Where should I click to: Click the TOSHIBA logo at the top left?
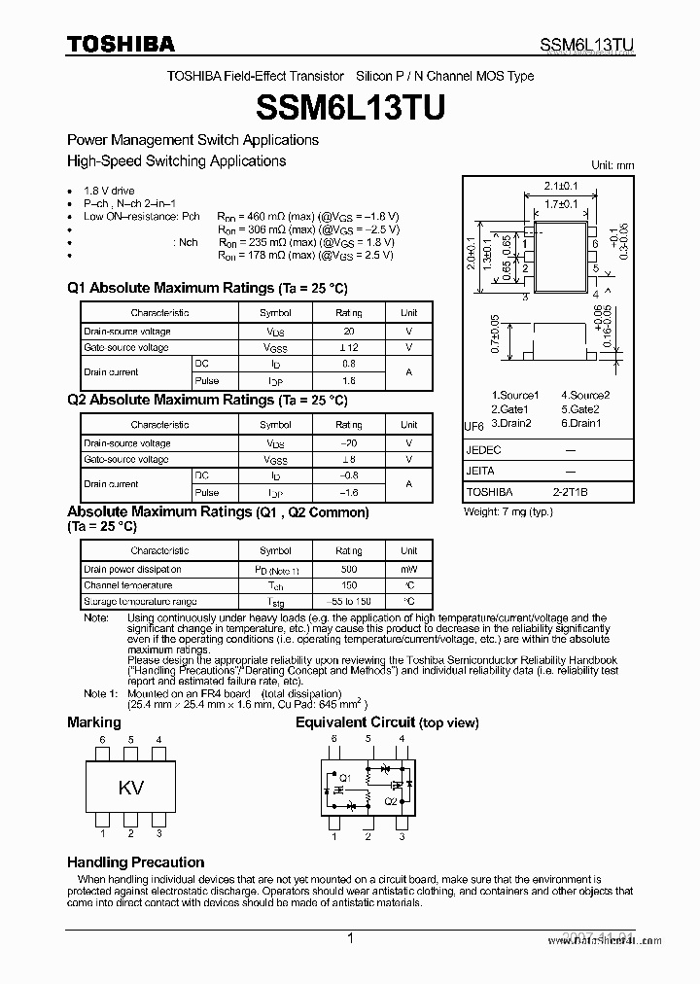click(121, 44)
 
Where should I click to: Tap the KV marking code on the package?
click(131, 789)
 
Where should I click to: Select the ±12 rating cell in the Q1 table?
click(348, 347)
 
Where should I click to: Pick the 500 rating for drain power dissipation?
click(348, 569)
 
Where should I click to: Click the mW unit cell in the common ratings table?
click(408, 569)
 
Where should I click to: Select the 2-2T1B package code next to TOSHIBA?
click(570, 492)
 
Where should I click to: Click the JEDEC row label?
click(483, 450)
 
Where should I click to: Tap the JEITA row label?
click(480, 471)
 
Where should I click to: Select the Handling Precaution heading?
click(135, 862)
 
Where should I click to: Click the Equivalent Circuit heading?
click(387, 722)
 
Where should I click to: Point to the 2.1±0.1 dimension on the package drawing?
click(561, 186)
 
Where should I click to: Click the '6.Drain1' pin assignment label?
click(581, 423)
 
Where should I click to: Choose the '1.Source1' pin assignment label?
click(514, 395)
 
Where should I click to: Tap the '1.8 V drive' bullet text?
click(109, 191)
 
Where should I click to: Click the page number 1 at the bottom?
click(349, 938)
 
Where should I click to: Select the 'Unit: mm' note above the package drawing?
click(612, 165)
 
